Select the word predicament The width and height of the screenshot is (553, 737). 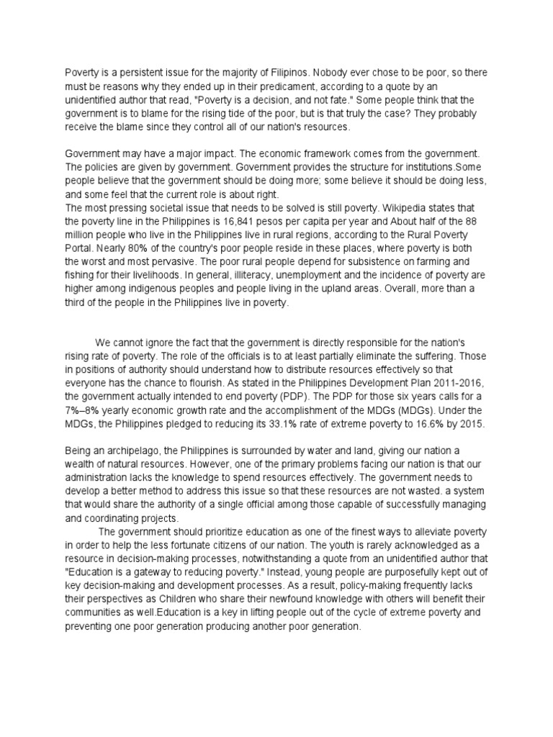point(270,86)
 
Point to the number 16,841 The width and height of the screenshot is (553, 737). point(274,221)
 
